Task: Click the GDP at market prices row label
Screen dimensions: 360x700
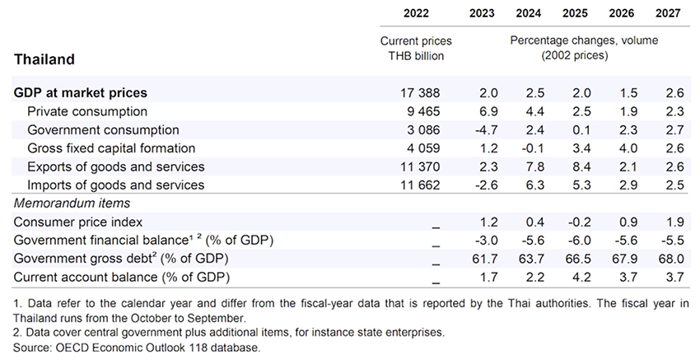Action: pos(81,93)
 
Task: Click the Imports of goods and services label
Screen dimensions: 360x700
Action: pos(115,185)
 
